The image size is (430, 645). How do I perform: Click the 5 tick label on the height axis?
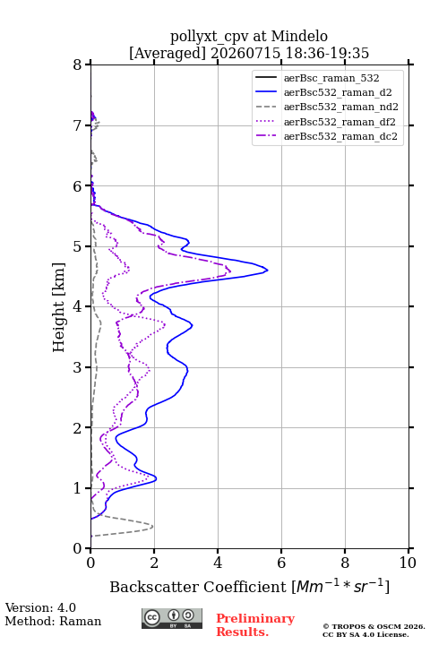point(78,246)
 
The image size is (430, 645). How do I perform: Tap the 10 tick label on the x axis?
point(408,563)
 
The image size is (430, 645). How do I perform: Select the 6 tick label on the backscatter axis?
point(281,563)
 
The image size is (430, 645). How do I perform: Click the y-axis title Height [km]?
point(59,307)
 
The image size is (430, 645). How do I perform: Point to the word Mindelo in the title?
point(299,36)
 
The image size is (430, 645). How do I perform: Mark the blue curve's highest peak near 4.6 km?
point(268,271)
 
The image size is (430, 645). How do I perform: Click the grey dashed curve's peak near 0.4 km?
point(152,527)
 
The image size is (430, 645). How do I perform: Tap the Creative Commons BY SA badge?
point(172,618)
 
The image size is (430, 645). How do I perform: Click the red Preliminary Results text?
point(255,625)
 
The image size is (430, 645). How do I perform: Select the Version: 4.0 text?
point(40,607)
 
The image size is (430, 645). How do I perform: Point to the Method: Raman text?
point(53,621)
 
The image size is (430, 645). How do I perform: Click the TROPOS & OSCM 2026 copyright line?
point(374,626)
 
